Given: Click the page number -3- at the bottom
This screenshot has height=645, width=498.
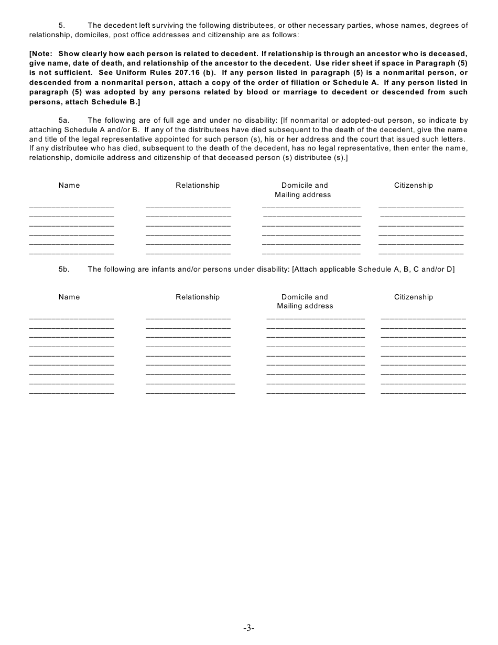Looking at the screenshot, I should pos(248,628).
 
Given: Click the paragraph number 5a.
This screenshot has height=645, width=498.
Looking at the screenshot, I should pos(64,121).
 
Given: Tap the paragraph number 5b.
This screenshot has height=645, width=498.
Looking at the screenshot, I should pos(64,270).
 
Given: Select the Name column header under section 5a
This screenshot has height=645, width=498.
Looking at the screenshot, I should pos(69,186).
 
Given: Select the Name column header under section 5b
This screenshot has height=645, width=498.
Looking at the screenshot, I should pos(69,297).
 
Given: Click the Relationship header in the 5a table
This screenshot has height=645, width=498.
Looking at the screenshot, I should pos(198,186).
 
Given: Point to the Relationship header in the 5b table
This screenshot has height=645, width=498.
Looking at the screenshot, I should pos(198,297).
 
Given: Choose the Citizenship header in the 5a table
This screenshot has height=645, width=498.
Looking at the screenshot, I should pos(414,186).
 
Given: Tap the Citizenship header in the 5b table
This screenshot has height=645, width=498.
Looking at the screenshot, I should pos(414,297).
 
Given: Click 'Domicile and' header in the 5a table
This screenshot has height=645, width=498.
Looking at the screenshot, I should pos(305,186).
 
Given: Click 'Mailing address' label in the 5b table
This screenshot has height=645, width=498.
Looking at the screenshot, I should pos(305,306).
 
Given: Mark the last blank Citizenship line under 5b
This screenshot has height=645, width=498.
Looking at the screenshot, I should pos(423,393).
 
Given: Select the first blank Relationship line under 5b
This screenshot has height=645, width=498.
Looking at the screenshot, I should pos(188,319).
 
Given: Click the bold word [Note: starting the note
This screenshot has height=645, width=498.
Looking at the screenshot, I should pos(41,54).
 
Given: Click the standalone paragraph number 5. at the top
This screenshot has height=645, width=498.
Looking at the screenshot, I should pos(61,26).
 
